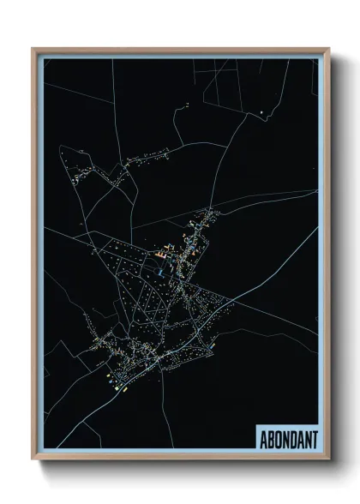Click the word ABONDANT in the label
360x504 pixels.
point(287,438)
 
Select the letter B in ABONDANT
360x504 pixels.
point(271,438)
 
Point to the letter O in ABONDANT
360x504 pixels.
point(278,438)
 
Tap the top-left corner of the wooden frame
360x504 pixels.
point(33,49)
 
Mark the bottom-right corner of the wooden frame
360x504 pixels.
point(328,459)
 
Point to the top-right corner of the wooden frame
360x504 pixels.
point(328,49)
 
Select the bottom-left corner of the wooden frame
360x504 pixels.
point(33,459)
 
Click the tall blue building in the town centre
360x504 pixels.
point(160,272)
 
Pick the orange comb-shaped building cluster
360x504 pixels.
point(162,254)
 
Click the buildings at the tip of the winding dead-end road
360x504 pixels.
point(186,105)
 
